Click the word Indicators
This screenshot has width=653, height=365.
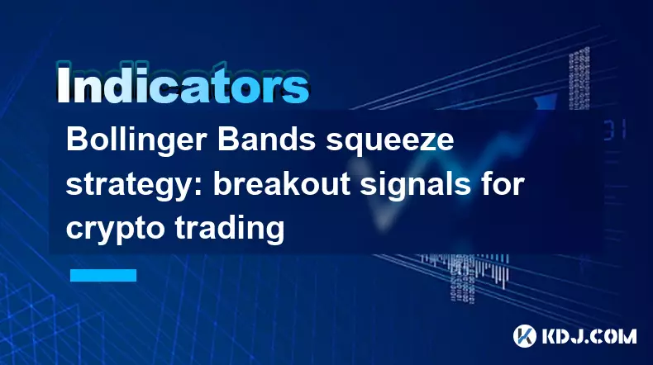pos(183,83)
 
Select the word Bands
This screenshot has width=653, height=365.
pos(266,140)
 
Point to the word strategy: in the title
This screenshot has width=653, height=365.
pos(135,187)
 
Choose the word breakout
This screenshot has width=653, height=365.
pos(282,183)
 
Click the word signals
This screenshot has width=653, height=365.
pos(415,185)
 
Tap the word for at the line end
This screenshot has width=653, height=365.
pos(503,183)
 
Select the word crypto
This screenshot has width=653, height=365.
pos(115,230)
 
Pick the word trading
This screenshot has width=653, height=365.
pos(230,230)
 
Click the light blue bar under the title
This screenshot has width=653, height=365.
pos(103,275)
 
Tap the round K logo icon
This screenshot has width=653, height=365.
pos(525,336)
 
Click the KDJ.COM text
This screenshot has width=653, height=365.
pos(589,336)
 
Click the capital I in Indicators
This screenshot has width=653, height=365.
pos(63,83)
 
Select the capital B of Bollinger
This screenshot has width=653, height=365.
pos(76,140)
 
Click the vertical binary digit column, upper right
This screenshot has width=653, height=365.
pos(579,78)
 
